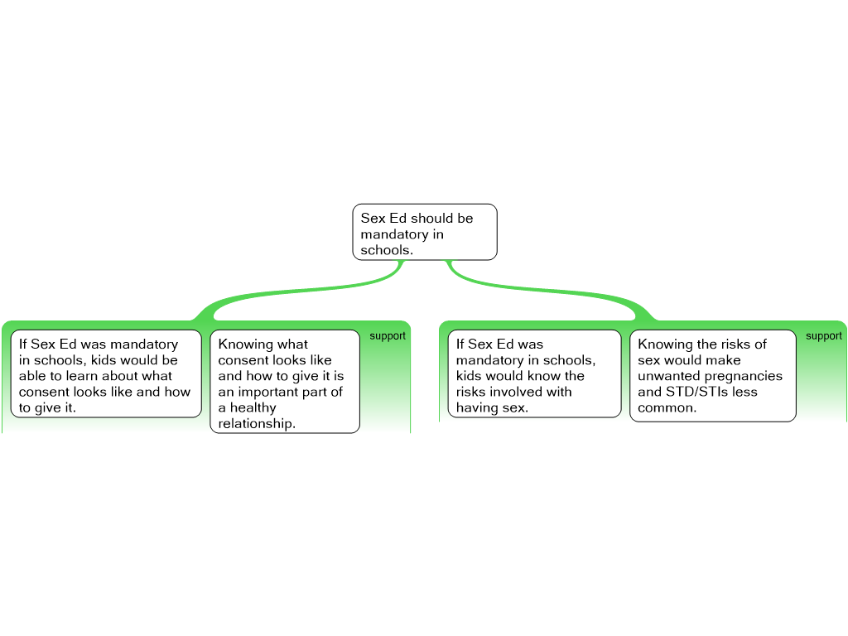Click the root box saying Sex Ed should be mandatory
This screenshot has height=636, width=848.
click(425, 232)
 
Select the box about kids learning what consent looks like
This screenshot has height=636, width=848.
click(106, 373)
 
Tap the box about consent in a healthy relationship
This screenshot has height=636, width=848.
click(285, 381)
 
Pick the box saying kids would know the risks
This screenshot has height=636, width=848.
click(534, 373)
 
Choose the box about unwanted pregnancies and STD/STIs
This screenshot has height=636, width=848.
click(713, 375)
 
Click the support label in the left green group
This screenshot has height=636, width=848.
click(388, 336)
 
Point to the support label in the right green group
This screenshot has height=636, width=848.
click(824, 336)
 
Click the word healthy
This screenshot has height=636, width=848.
click(253, 407)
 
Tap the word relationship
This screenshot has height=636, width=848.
click(257, 423)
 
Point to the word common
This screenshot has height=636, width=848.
click(667, 407)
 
